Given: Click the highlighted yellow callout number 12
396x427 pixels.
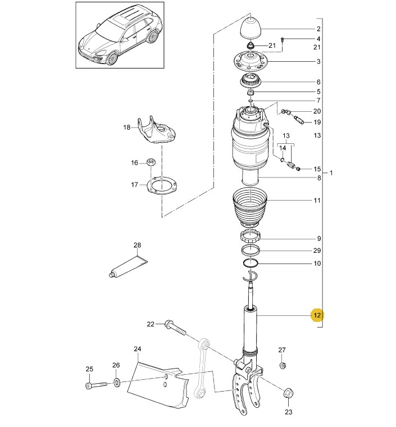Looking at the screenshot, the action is pos(317,315).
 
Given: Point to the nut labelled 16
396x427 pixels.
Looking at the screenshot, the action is pos(150,162).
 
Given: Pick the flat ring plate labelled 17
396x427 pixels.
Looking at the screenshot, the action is pos(162,185).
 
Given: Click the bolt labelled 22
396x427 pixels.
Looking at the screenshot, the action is pos(175,328).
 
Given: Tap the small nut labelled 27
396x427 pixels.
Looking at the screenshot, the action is pos(283,365).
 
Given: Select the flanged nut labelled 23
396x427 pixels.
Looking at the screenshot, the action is pos(288,393).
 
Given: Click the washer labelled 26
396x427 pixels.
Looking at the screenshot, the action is pos(116,383).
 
